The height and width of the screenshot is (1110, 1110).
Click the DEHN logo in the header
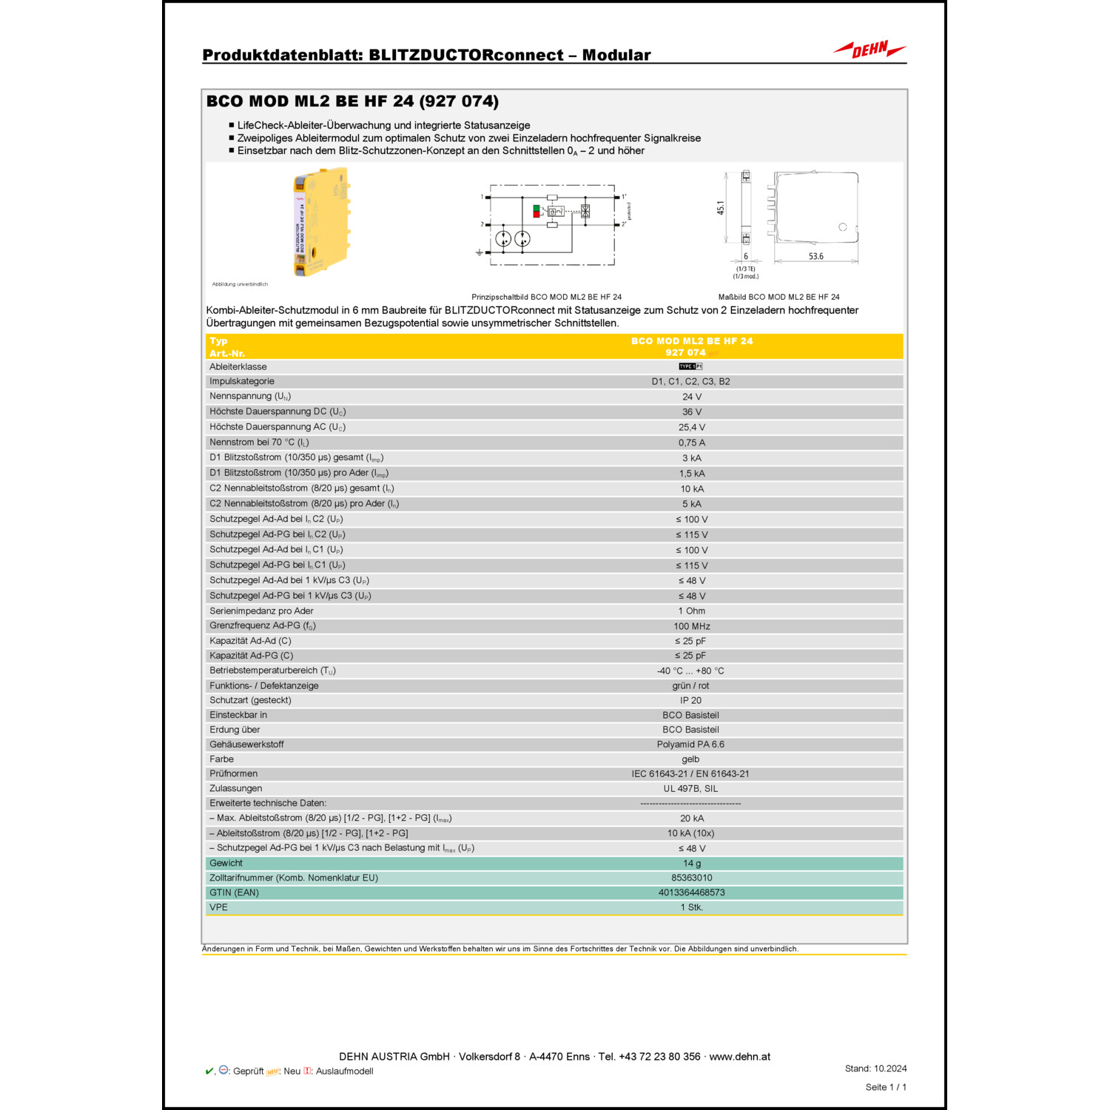pyautogui.click(x=869, y=50)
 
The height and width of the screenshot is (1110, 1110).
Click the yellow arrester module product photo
pyautogui.click(x=321, y=222)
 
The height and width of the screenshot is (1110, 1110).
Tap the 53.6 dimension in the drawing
pyautogui.click(x=815, y=257)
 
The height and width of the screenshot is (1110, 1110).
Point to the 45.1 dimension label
pyautogui.click(x=721, y=209)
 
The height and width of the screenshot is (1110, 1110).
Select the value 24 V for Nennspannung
pyautogui.click(x=692, y=397)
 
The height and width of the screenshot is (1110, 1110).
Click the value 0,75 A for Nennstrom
pyautogui.click(x=692, y=443)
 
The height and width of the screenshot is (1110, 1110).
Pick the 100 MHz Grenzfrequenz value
pyautogui.click(x=692, y=626)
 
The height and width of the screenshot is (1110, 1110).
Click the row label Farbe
pyautogui.click(x=221, y=759)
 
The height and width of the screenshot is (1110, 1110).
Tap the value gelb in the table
pyautogui.click(x=690, y=759)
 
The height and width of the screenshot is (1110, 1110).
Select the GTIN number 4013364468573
pyautogui.click(x=692, y=892)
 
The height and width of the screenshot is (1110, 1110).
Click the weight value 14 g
pyautogui.click(x=692, y=864)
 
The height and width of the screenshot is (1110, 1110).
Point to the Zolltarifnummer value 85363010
pyautogui.click(x=692, y=878)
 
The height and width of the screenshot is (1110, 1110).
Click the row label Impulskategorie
pyautogui.click(x=241, y=381)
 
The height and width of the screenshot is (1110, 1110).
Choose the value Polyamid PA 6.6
pyautogui.click(x=690, y=744)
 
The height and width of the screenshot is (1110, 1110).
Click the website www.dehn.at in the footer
pyautogui.click(x=739, y=1057)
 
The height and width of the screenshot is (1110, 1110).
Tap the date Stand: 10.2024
pyautogui.click(x=875, y=1069)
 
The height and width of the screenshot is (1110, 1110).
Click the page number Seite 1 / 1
pyautogui.click(x=886, y=1087)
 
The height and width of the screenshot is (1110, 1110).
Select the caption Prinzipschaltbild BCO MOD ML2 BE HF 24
pyautogui.click(x=547, y=297)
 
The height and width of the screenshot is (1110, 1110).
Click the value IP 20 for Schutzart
pyautogui.click(x=690, y=700)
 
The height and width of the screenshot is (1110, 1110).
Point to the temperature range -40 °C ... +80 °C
pyautogui.click(x=690, y=670)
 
